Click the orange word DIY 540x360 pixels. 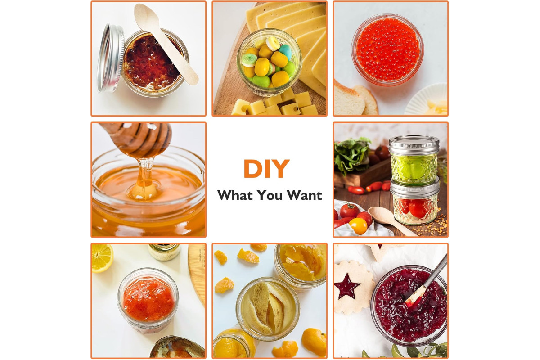click(x=266, y=168)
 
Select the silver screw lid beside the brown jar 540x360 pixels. click(x=110, y=58)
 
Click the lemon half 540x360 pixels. click(x=102, y=258)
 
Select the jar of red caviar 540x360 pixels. click(x=387, y=49)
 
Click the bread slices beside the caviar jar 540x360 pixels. click(x=355, y=99)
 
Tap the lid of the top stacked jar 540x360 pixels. click(x=414, y=145)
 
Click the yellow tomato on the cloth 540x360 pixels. click(x=358, y=226)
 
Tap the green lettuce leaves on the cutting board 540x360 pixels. click(x=351, y=154)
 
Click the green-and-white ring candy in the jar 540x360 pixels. click(x=249, y=60)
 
